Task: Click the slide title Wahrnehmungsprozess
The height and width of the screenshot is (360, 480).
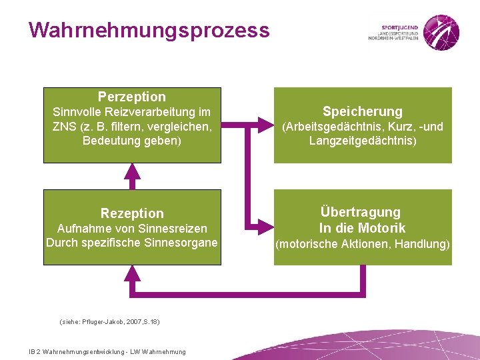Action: point(149,31)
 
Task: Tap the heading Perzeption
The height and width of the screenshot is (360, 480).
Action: point(132,97)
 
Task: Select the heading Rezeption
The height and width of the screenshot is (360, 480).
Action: point(132,213)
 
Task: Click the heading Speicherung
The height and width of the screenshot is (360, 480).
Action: point(363,111)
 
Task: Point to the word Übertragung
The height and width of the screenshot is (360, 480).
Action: point(361,212)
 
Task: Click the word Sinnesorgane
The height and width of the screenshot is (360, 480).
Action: point(183,242)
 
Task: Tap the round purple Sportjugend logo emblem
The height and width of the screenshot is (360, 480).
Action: point(441,30)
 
